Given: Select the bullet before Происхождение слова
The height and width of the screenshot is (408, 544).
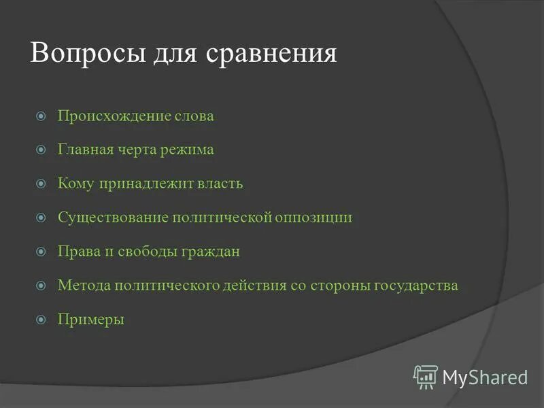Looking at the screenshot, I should [41, 116].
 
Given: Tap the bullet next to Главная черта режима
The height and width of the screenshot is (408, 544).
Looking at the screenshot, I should [41, 150].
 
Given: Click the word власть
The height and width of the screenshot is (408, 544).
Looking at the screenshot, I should [220, 184].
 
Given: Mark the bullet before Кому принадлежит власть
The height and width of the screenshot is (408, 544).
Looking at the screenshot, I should [41, 184].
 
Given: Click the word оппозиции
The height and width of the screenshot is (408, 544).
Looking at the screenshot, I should [313, 218].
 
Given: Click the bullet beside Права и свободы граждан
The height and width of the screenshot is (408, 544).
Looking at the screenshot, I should [41, 252].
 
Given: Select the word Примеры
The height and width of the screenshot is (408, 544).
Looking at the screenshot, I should [90, 320].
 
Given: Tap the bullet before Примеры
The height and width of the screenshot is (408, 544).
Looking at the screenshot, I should [41, 320].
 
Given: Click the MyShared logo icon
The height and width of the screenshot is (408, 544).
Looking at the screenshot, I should [425, 377].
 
